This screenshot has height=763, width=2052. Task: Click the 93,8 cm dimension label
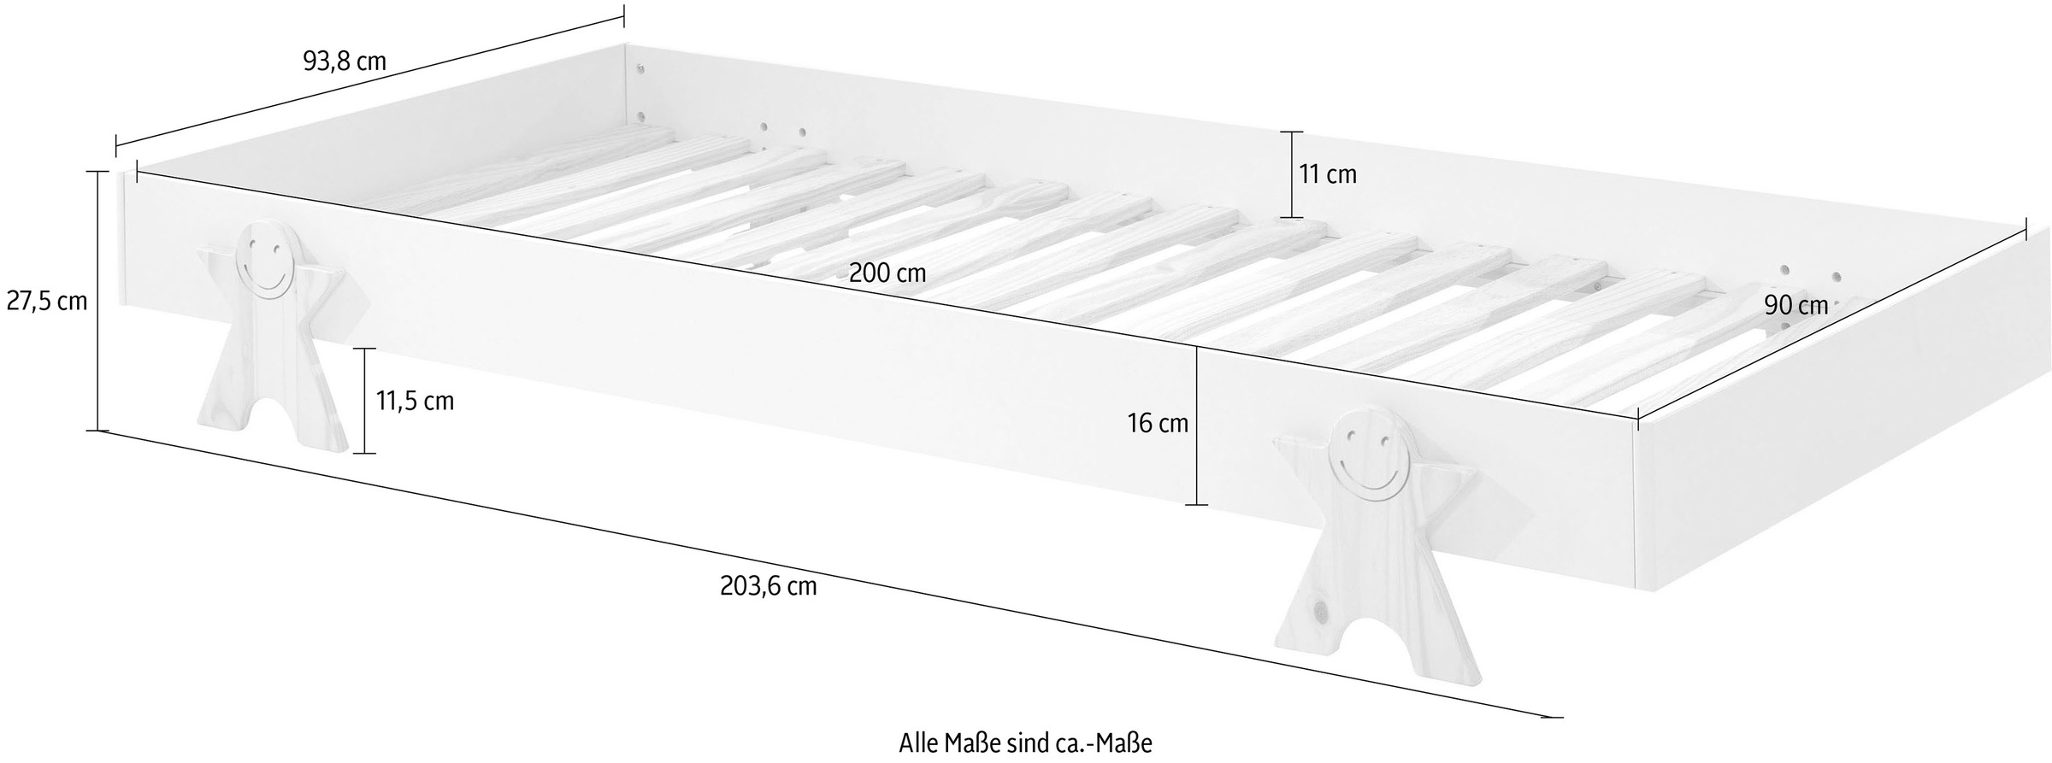click(x=345, y=62)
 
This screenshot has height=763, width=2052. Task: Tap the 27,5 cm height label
click(x=47, y=301)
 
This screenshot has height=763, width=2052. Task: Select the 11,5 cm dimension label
click(x=415, y=401)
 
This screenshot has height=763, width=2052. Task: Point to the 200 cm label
click(x=887, y=273)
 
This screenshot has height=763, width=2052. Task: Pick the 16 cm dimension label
click(x=1159, y=422)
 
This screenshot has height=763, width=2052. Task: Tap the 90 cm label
click(x=1796, y=305)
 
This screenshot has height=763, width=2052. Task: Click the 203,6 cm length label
click(x=769, y=586)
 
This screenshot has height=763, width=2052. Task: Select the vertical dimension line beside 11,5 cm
click(x=365, y=400)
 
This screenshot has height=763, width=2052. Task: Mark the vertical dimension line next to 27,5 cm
click(x=98, y=300)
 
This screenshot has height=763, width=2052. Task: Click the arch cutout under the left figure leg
click(x=273, y=425)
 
